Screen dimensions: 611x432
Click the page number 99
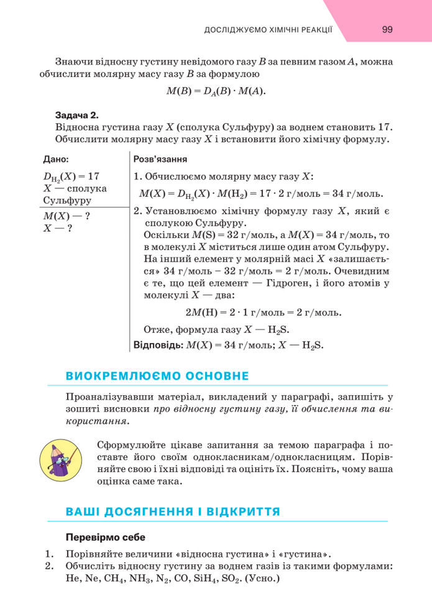387,30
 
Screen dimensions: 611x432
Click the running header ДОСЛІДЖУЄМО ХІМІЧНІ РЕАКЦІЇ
269,30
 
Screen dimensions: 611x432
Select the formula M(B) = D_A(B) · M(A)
216,91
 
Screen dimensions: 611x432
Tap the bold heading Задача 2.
77,115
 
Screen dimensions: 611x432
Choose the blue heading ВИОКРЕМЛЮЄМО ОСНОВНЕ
157,376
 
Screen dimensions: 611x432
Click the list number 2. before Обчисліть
50,566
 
